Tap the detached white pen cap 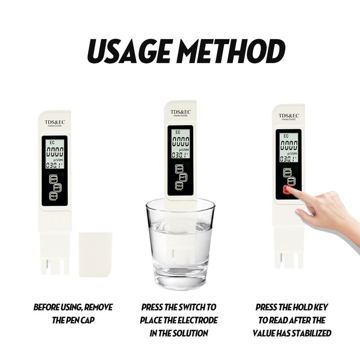point(95,254)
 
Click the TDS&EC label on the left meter point(55,122)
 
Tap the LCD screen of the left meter point(54,153)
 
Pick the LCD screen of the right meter point(288,147)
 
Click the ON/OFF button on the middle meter point(180,168)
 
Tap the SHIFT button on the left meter point(57,187)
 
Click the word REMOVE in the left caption point(99,308)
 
